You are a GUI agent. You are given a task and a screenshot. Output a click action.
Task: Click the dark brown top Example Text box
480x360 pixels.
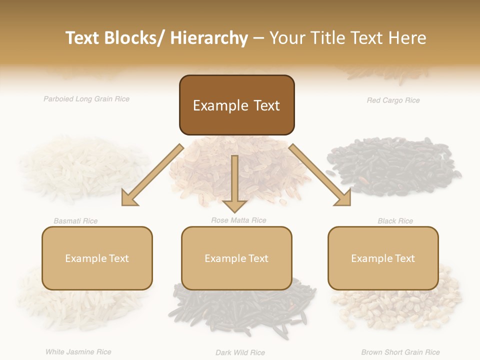[236, 105]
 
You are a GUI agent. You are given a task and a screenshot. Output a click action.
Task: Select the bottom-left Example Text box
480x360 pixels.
[97, 258]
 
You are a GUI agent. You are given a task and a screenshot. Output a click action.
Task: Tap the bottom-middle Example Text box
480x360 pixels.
[236, 258]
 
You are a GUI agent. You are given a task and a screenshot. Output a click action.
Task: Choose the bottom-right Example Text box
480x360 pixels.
[383, 258]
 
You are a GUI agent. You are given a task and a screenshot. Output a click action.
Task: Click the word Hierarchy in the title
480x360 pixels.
[209, 38]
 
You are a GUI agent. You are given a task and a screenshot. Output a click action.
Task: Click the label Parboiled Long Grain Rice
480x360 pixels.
[86, 99]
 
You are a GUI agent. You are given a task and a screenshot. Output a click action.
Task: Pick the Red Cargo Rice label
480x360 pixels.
[393, 100]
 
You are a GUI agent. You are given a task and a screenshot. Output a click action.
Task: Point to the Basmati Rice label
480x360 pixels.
[75, 221]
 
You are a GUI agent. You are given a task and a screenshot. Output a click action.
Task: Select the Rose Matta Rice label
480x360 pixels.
[238, 220]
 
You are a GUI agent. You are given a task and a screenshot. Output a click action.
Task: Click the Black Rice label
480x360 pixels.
[395, 221]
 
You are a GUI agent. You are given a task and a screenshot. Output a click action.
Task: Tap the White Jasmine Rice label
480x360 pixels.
[78, 352]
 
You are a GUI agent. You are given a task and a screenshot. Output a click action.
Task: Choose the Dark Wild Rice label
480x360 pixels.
[240, 352]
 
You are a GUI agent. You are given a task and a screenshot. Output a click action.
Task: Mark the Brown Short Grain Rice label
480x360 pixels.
[400, 352]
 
